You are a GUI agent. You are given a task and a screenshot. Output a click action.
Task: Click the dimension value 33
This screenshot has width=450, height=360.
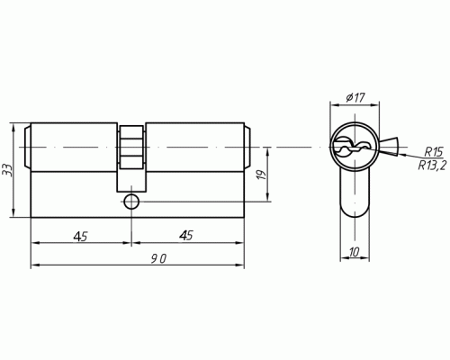click(x=6, y=170)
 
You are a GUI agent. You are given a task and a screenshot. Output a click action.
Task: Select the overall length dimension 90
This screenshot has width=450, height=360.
click(x=158, y=258)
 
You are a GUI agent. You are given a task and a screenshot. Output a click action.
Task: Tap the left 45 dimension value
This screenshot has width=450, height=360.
click(x=80, y=237)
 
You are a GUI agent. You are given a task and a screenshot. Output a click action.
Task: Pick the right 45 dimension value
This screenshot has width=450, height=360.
click(x=186, y=236)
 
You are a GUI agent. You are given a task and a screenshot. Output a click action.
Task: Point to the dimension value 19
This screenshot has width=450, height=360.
click(x=262, y=175)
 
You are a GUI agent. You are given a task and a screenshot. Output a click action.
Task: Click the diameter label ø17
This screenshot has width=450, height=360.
click(x=355, y=97)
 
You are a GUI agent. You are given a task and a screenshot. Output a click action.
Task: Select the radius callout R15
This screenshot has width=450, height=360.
click(x=433, y=152)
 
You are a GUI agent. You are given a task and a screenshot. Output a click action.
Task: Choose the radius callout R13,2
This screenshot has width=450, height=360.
click(x=432, y=165)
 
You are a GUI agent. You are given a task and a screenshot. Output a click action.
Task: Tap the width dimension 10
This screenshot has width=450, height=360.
click(x=354, y=252)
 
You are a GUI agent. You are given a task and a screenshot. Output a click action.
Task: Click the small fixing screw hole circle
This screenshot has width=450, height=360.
click(x=131, y=202)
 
